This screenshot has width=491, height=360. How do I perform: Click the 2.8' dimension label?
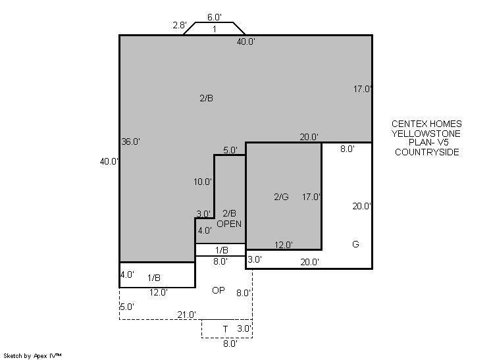click(x=180, y=25)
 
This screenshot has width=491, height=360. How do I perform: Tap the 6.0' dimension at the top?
click(x=215, y=17)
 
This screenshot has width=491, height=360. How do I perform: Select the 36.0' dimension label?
click(x=130, y=141)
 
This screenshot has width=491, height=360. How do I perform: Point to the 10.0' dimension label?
click(x=203, y=182)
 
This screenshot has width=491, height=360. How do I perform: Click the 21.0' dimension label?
click(x=187, y=315)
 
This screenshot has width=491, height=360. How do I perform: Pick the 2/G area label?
click(x=281, y=197)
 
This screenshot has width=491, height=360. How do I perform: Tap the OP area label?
click(x=219, y=290)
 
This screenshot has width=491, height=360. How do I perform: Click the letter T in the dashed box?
click(x=226, y=329)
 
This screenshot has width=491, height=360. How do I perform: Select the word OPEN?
click(x=229, y=224)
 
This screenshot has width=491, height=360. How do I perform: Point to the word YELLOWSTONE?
click(x=426, y=134)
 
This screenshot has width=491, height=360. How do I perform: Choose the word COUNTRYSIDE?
click(x=427, y=152)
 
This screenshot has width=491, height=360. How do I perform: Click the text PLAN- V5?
click(x=428, y=142)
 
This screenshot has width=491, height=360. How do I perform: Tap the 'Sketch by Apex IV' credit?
click(x=32, y=356)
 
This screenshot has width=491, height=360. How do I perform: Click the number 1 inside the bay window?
click(x=215, y=29)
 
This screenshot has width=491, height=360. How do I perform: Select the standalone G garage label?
click(x=355, y=244)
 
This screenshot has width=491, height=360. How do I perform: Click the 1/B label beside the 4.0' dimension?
click(x=154, y=278)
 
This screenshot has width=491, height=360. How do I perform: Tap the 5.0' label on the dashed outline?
click(x=127, y=307)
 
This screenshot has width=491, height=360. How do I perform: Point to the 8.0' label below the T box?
click(x=230, y=344)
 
